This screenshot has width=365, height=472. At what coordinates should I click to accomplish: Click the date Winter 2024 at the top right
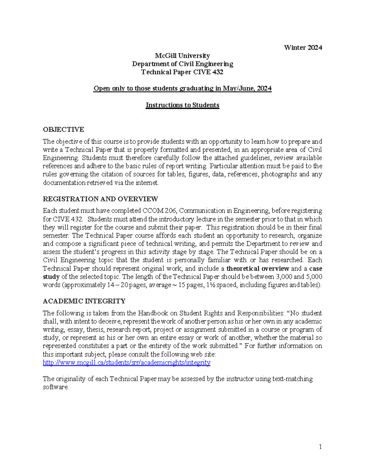tap(303, 47)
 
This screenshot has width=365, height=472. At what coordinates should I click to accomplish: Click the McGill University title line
tap(182, 56)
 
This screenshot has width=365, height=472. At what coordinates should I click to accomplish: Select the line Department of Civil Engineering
tap(182, 64)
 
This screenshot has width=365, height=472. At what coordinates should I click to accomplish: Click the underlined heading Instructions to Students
tap(182, 105)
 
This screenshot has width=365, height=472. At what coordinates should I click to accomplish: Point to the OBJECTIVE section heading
tap(63, 129)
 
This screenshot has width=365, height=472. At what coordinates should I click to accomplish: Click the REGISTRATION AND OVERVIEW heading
tap(100, 199)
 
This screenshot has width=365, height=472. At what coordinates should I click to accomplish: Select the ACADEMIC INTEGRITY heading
tap(84, 301)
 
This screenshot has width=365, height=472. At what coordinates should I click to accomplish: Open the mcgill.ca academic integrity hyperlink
tap(126, 362)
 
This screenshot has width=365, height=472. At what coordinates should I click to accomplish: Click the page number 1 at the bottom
tap(320, 446)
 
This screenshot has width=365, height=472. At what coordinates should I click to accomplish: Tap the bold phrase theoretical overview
tap(258, 269)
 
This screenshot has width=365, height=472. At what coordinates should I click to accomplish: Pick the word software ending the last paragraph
tap(56, 387)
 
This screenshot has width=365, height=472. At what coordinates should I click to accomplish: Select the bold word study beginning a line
tap(51, 277)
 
